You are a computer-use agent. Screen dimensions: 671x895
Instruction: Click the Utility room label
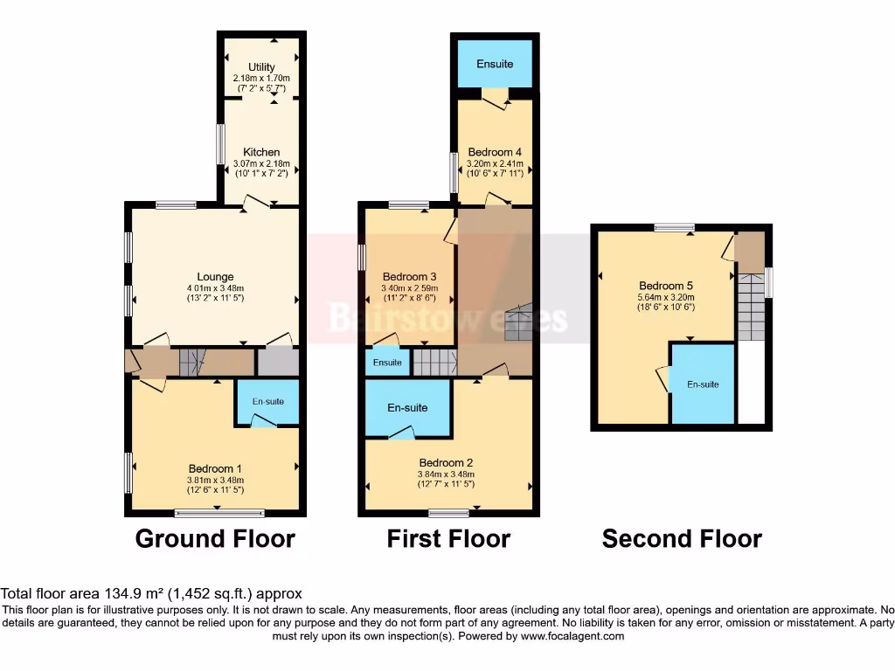[x=261, y=67]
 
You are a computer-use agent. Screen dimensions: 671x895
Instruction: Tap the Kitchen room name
[x=261, y=152]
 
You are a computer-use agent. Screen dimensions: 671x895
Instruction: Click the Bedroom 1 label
[x=215, y=468]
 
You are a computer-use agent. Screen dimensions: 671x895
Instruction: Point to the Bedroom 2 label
[x=447, y=462]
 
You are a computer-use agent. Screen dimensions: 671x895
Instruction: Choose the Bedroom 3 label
[x=409, y=276]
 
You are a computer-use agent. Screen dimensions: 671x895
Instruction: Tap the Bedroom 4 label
[x=495, y=151]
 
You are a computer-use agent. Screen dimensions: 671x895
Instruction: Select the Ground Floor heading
[x=215, y=539]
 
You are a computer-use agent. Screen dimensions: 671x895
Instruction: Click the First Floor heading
[x=448, y=539]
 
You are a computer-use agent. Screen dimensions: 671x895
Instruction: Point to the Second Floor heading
[x=682, y=539]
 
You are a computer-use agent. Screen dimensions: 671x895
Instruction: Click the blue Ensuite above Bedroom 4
[x=495, y=64]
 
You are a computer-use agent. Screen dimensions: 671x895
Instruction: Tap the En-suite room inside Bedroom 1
[x=268, y=402]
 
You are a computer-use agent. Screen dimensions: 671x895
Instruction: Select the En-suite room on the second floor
[x=703, y=384]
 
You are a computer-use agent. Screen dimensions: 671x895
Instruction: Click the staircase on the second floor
[x=750, y=306]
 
